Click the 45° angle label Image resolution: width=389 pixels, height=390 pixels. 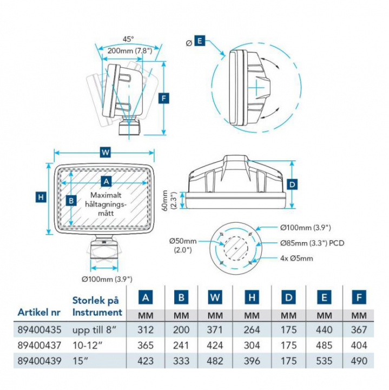point(128,39)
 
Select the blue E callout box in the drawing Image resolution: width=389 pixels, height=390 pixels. point(199,41)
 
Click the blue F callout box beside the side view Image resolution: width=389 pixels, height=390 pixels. point(164,98)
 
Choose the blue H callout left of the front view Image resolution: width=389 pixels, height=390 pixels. point(41,197)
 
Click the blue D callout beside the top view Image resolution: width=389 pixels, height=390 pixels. point(292,184)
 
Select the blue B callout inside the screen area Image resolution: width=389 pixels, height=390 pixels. point(70,200)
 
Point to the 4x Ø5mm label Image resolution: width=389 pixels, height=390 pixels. point(297,258)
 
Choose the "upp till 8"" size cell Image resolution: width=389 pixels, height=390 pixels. point(93,329)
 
